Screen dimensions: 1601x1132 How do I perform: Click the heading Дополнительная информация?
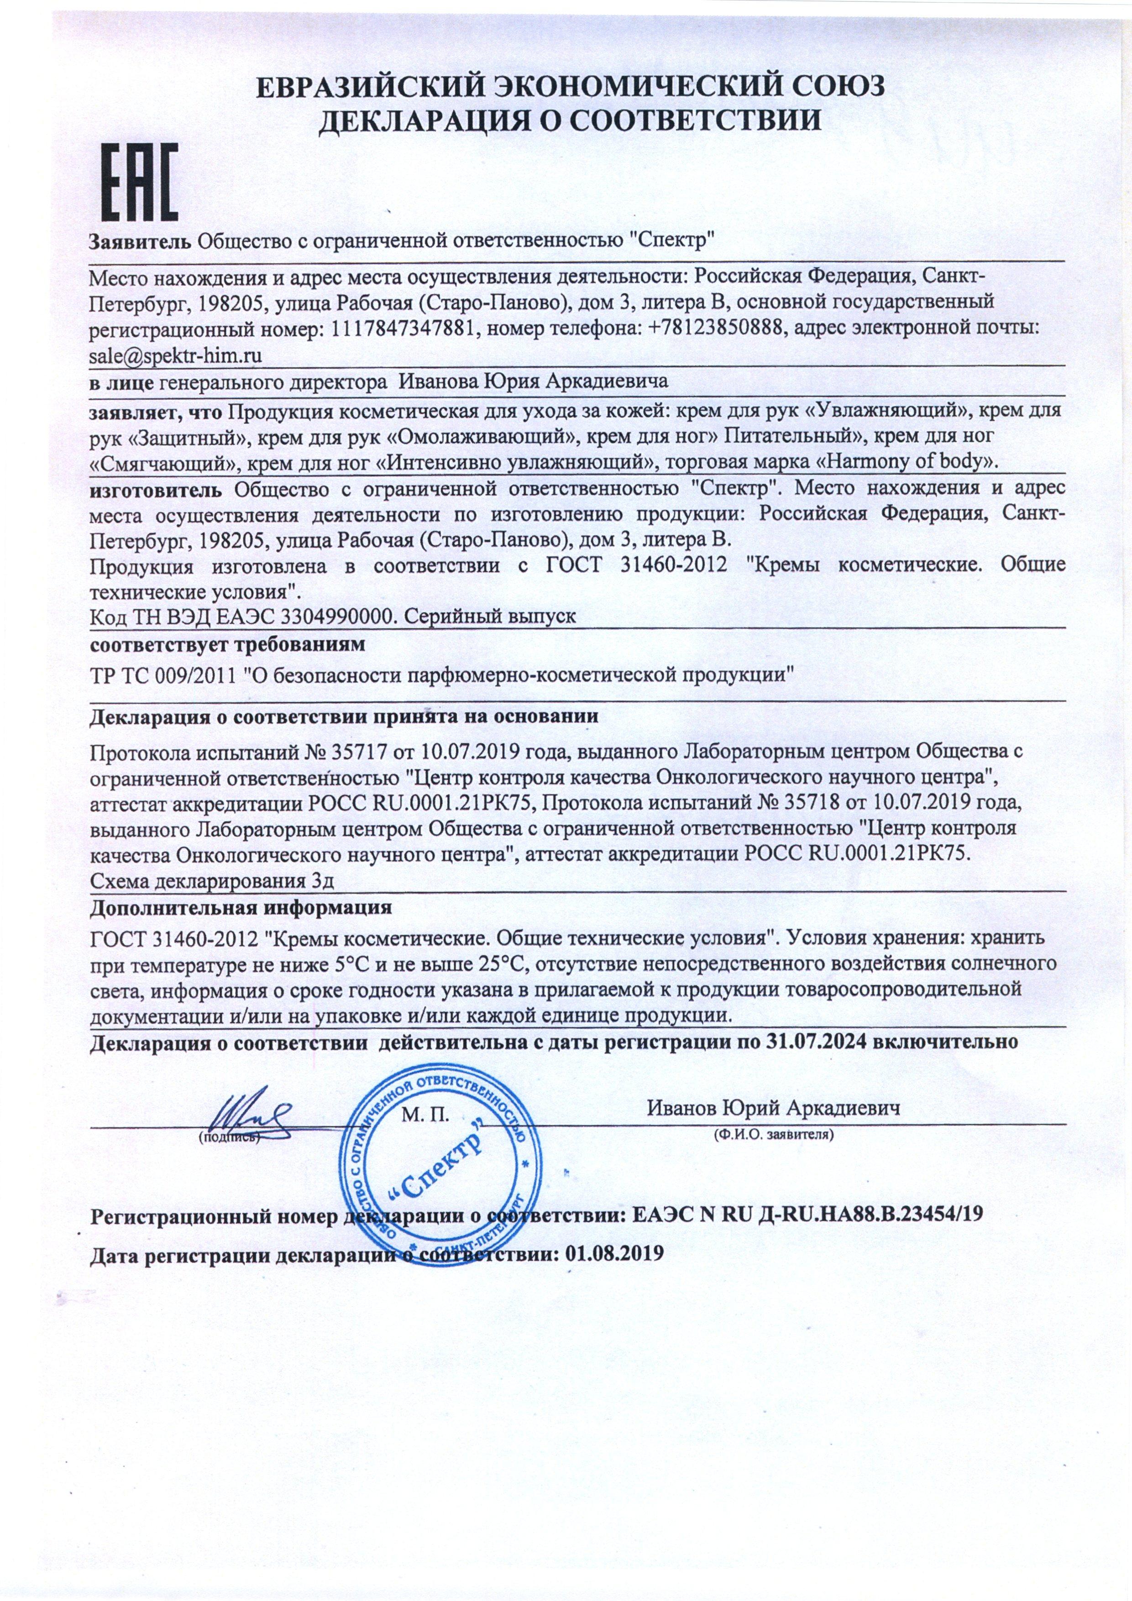point(241,908)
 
